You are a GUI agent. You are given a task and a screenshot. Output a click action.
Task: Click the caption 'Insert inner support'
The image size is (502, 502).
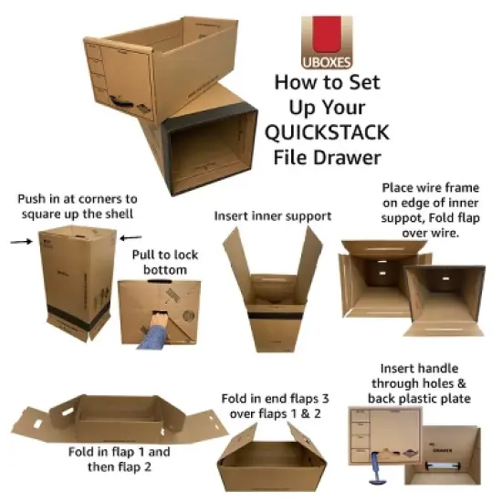coord(273,216)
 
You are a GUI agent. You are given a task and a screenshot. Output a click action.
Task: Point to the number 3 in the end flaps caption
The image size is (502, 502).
coord(334,400)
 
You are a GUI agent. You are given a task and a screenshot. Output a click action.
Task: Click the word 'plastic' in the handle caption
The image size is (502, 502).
coord(427,399)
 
